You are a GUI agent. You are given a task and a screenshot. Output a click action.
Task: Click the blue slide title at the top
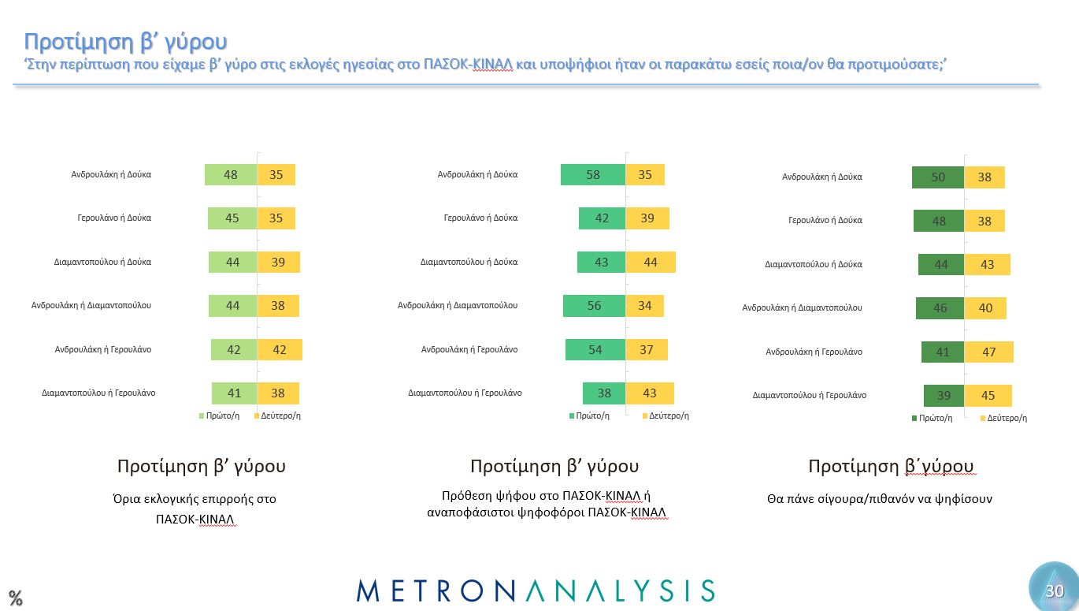tap(125, 41)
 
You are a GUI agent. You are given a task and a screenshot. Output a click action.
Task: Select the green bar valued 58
tap(593, 175)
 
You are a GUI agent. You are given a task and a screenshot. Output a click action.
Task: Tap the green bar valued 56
tap(595, 306)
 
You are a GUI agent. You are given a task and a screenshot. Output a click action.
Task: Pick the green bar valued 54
tap(595, 349)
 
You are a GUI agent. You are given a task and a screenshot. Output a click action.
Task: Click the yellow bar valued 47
tap(988, 352)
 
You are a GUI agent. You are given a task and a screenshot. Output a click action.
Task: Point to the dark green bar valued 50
tap(938, 177)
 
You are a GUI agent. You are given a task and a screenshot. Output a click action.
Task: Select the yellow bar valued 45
tap(988, 396)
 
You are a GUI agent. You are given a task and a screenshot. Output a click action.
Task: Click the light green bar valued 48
tap(231, 175)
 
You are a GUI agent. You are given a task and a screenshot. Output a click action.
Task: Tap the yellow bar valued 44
tap(651, 262)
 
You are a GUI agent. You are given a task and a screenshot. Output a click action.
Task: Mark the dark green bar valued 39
tap(944, 396)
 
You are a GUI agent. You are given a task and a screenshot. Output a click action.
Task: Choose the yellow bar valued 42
tap(280, 349)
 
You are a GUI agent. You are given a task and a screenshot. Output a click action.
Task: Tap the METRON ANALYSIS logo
tap(536, 591)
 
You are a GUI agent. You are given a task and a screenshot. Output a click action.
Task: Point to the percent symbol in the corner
tap(15, 597)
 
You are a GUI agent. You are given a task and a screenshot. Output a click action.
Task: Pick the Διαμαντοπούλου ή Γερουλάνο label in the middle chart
tap(465, 392)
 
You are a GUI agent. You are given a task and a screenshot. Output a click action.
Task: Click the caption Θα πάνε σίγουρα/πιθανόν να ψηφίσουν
tap(879, 498)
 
